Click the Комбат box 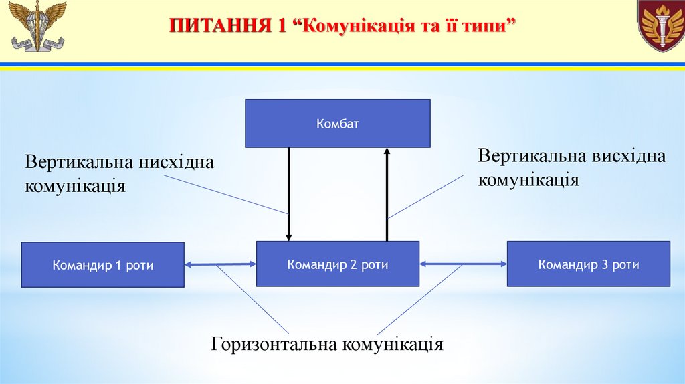pyautogui.click(x=337, y=123)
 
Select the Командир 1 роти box pyautogui.click(x=102, y=265)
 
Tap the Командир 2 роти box pyautogui.click(x=337, y=264)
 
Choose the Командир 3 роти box pyautogui.click(x=588, y=264)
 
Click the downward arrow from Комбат pyautogui.click(x=289, y=194)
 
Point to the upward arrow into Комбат pyautogui.click(x=387, y=194)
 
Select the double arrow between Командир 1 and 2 pyautogui.click(x=220, y=265)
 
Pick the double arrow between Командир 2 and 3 pyautogui.click(x=463, y=264)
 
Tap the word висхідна pyautogui.click(x=628, y=157)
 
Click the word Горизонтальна pyautogui.click(x=275, y=345)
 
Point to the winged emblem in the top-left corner pyautogui.click(x=39, y=27)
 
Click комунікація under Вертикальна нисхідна pyautogui.click(x=76, y=185)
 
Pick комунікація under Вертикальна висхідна pyautogui.click(x=528, y=179)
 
